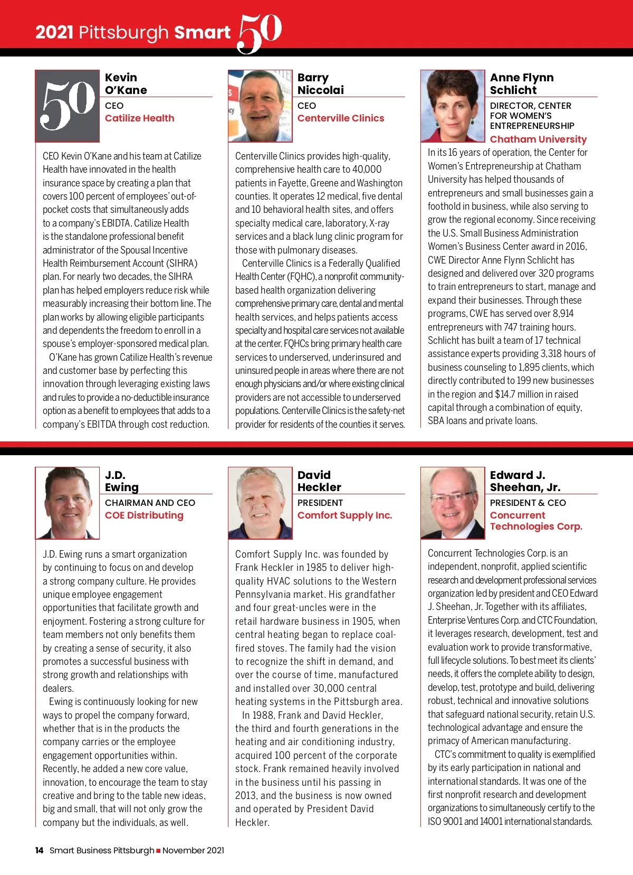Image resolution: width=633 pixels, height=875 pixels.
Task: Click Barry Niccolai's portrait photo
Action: [x=260, y=106]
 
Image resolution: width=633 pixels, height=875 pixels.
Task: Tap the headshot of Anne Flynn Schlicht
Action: [x=453, y=106]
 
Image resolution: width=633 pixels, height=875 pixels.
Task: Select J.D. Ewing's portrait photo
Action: [x=68, y=503]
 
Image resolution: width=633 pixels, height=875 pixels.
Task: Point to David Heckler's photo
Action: [x=260, y=503]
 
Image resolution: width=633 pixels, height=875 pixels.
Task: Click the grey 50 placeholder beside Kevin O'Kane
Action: [x=68, y=106]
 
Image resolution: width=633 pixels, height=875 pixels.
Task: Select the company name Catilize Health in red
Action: [x=139, y=118]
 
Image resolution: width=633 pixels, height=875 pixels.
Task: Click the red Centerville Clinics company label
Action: [x=341, y=118]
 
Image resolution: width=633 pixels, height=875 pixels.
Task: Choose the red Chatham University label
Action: [x=538, y=139]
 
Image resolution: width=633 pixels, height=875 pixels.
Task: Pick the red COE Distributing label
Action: [x=144, y=515]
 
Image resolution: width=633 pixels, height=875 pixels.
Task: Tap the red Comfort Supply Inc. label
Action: [x=344, y=515]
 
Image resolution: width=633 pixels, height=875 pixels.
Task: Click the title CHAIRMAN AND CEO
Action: [x=150, y=503]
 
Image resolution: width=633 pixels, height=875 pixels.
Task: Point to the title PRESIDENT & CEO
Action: [x=527, y=503]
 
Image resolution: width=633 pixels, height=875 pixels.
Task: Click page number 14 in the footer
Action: [x=39, y=850]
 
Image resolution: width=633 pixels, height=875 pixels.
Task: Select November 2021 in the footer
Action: [x=193, y=850]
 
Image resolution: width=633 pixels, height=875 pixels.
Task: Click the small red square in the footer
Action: [x=158, y=851]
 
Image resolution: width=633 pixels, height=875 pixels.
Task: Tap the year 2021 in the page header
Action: [x=54, y=33]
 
